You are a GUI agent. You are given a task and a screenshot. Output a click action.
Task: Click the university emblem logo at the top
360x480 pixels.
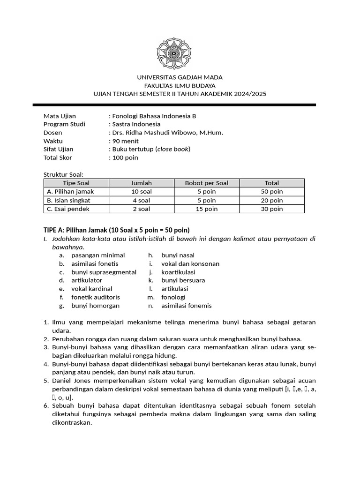click(180, 53)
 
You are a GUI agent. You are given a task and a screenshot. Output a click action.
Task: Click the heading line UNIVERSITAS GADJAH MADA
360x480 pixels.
click(180, 77)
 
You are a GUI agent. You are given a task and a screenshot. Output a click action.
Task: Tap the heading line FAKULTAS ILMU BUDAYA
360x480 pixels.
click(180, 86)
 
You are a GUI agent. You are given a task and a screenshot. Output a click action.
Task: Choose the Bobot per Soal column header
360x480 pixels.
click(207, 183)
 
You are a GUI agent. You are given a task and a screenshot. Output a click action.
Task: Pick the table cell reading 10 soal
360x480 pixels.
click(142, 192)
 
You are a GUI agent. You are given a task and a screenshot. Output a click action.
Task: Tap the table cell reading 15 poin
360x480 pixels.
click(207, 209)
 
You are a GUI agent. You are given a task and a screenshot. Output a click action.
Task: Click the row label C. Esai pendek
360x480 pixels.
click(68, 209)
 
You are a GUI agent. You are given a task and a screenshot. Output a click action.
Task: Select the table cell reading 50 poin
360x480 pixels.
click(272, 192)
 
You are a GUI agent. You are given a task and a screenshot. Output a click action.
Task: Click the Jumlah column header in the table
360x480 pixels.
click(142, 183)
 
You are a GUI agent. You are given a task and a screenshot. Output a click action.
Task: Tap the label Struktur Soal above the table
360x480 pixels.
click(63, 174)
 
